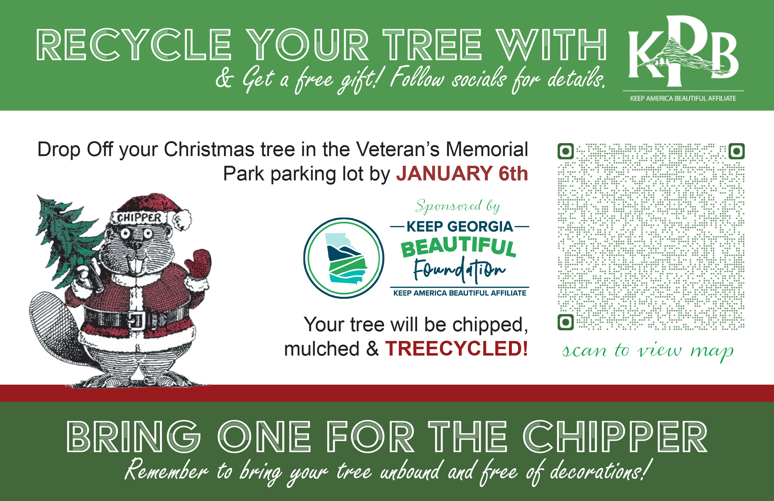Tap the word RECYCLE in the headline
134,45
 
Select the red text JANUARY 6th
462,173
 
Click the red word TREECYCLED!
456,349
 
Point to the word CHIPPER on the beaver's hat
139,218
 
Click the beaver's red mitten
199,263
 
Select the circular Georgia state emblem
344,258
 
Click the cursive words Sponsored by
458,206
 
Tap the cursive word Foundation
459,269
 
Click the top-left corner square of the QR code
565,151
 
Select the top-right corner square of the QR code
737,151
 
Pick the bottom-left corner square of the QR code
565,322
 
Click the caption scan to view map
648,351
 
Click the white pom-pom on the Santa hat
182,220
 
